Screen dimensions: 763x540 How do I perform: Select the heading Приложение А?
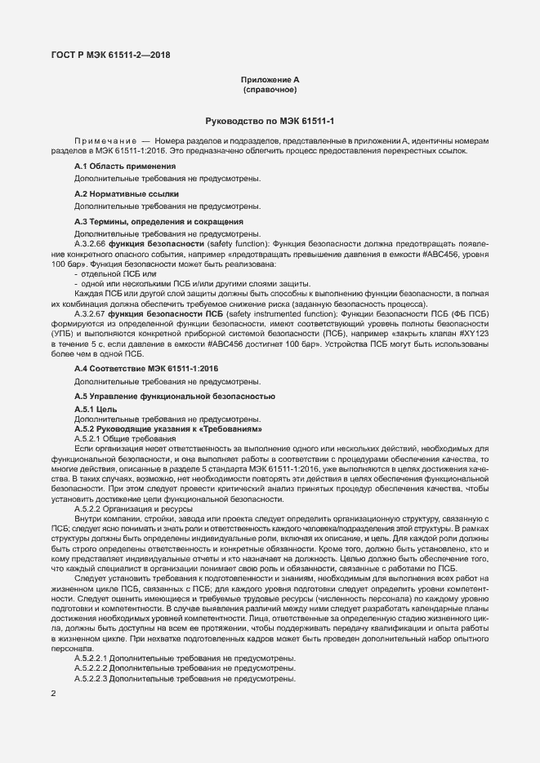click(270, 79)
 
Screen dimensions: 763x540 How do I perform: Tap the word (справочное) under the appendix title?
click(270, 89)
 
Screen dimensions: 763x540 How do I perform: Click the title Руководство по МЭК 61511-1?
click(270, 121)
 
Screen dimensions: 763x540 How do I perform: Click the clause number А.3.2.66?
click(90, 244)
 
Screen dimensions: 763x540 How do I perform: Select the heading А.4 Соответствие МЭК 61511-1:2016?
click(146, 369)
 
